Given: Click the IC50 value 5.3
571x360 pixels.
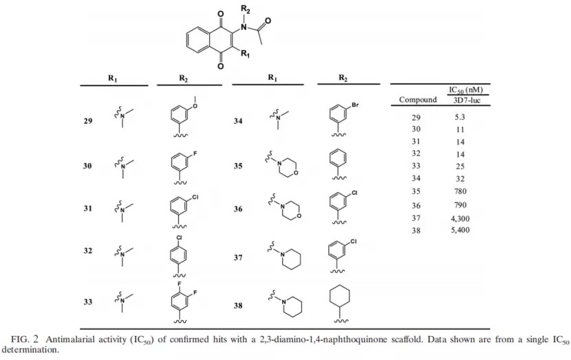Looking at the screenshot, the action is [460, 117].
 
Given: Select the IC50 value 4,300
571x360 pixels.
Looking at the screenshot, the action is [460, 219].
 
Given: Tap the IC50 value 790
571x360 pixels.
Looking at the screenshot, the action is [460, 204].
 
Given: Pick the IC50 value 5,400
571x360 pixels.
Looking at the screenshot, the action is [460, 230].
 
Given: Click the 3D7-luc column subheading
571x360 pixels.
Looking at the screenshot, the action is [467, 100].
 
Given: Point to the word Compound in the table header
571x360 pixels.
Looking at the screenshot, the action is [418, 100].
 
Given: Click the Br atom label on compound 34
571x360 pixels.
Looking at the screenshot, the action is [356, 105].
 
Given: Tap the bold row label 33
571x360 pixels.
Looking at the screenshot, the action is [88, 301].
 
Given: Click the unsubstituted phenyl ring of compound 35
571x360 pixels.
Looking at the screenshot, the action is [338, 158].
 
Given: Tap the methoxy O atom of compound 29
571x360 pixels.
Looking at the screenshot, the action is [195, 106].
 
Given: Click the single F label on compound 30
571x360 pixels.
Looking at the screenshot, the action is [195, 153].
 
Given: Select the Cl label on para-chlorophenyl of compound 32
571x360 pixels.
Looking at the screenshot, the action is [179, 237].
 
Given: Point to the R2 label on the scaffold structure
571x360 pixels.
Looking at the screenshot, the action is [246, 9].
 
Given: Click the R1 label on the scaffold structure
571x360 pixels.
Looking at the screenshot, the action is [245, 54].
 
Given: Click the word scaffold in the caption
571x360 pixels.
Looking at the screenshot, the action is [407, 339].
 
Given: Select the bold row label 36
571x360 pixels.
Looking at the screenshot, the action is [238, 209].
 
